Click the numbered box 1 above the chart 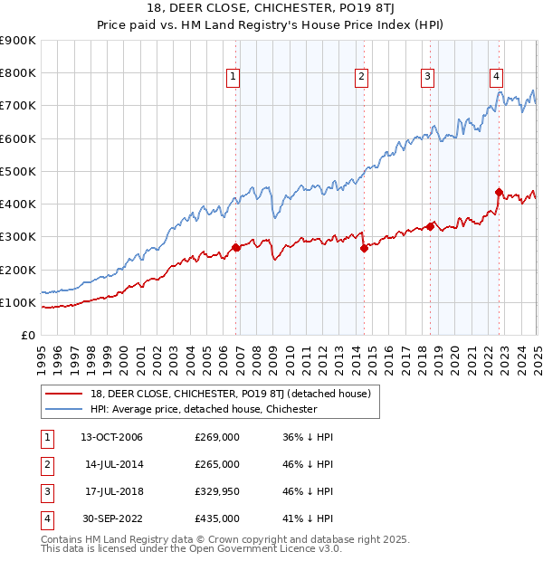point(233,78)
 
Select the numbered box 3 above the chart point(427,78)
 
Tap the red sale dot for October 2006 point(236,247)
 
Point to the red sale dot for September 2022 point(499,192)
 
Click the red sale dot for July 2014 point(364,248)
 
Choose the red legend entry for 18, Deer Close point(223,394)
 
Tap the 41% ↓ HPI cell point(309,518)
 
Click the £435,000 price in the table point(217,518)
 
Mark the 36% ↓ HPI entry point(309,437)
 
